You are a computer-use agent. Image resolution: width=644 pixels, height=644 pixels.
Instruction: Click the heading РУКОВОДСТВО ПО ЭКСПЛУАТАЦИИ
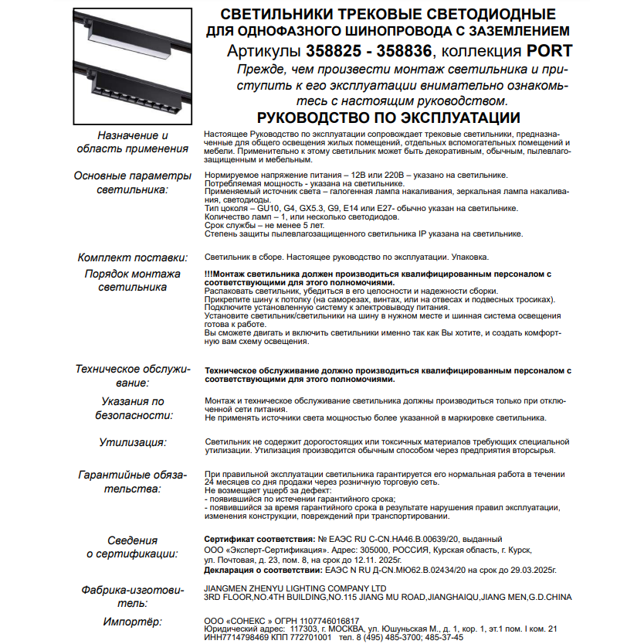pos(388,118)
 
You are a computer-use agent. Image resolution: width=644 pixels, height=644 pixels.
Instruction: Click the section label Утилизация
pos(133,443)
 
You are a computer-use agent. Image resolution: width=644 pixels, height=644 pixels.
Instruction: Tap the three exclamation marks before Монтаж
pos(208,274)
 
